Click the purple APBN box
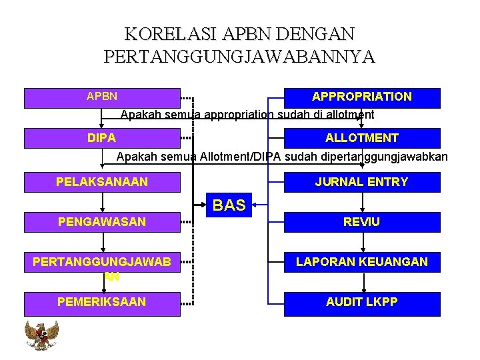[x=102, y=97]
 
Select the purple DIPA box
[x=102, y=138]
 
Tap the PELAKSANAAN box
[x=102, y=182]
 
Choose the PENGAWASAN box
[x=102, y=222]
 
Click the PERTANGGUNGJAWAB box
[x=102, y=263]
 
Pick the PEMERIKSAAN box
[x=102, y=303]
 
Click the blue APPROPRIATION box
[x=362, y=97]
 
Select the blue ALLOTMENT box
[x=362, y=138]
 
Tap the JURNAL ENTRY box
[x=362, y=182]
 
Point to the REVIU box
[x=362, y=222]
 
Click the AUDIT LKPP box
[x=362, y=303]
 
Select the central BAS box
[x=229, y=205]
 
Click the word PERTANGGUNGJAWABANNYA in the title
[x=240, y=57]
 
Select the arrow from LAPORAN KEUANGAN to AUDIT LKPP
[x=364, y=283]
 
